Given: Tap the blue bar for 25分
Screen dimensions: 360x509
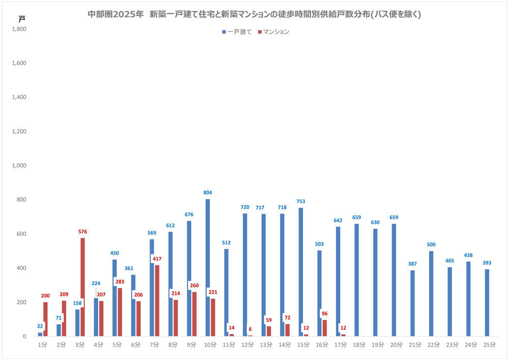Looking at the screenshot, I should tap(487, 303).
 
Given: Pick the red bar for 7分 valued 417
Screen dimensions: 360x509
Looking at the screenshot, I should tap(157, 300).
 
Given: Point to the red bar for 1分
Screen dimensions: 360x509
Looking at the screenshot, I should tap(45, 319).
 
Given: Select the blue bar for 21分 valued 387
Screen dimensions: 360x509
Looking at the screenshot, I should tap(413, 303).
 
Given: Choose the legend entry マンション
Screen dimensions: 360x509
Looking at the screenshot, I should tap(275, 32).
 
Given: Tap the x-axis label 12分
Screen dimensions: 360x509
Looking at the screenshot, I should tap(247, 345).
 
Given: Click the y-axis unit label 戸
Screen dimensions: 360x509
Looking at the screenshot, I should tap(21, 19).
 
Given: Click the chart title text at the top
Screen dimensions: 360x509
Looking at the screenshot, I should tap(254, 15).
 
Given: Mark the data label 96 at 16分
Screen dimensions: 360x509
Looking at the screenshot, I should tap(324, 313).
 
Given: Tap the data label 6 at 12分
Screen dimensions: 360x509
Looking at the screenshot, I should tap(250, 329).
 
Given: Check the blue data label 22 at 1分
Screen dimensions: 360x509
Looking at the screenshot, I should tap(40, 326).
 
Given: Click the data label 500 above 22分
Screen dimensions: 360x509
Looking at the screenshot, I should tap(431, 244).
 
